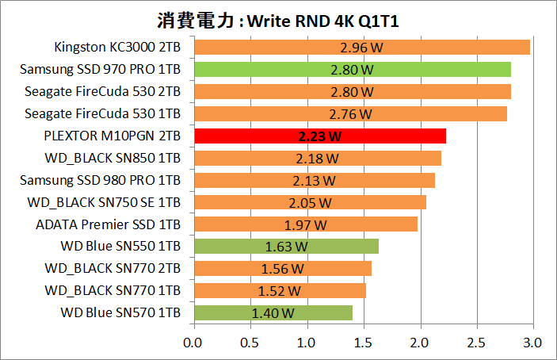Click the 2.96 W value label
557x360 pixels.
point(361,47)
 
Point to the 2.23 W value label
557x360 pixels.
point(320,136)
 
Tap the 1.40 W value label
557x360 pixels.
point(273,313)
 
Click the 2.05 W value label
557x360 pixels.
point(310,202)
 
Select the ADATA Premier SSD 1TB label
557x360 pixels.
point(109,224)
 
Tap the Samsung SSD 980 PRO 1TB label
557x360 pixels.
point(101,180)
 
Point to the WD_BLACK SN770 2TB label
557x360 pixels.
point(113,269)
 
